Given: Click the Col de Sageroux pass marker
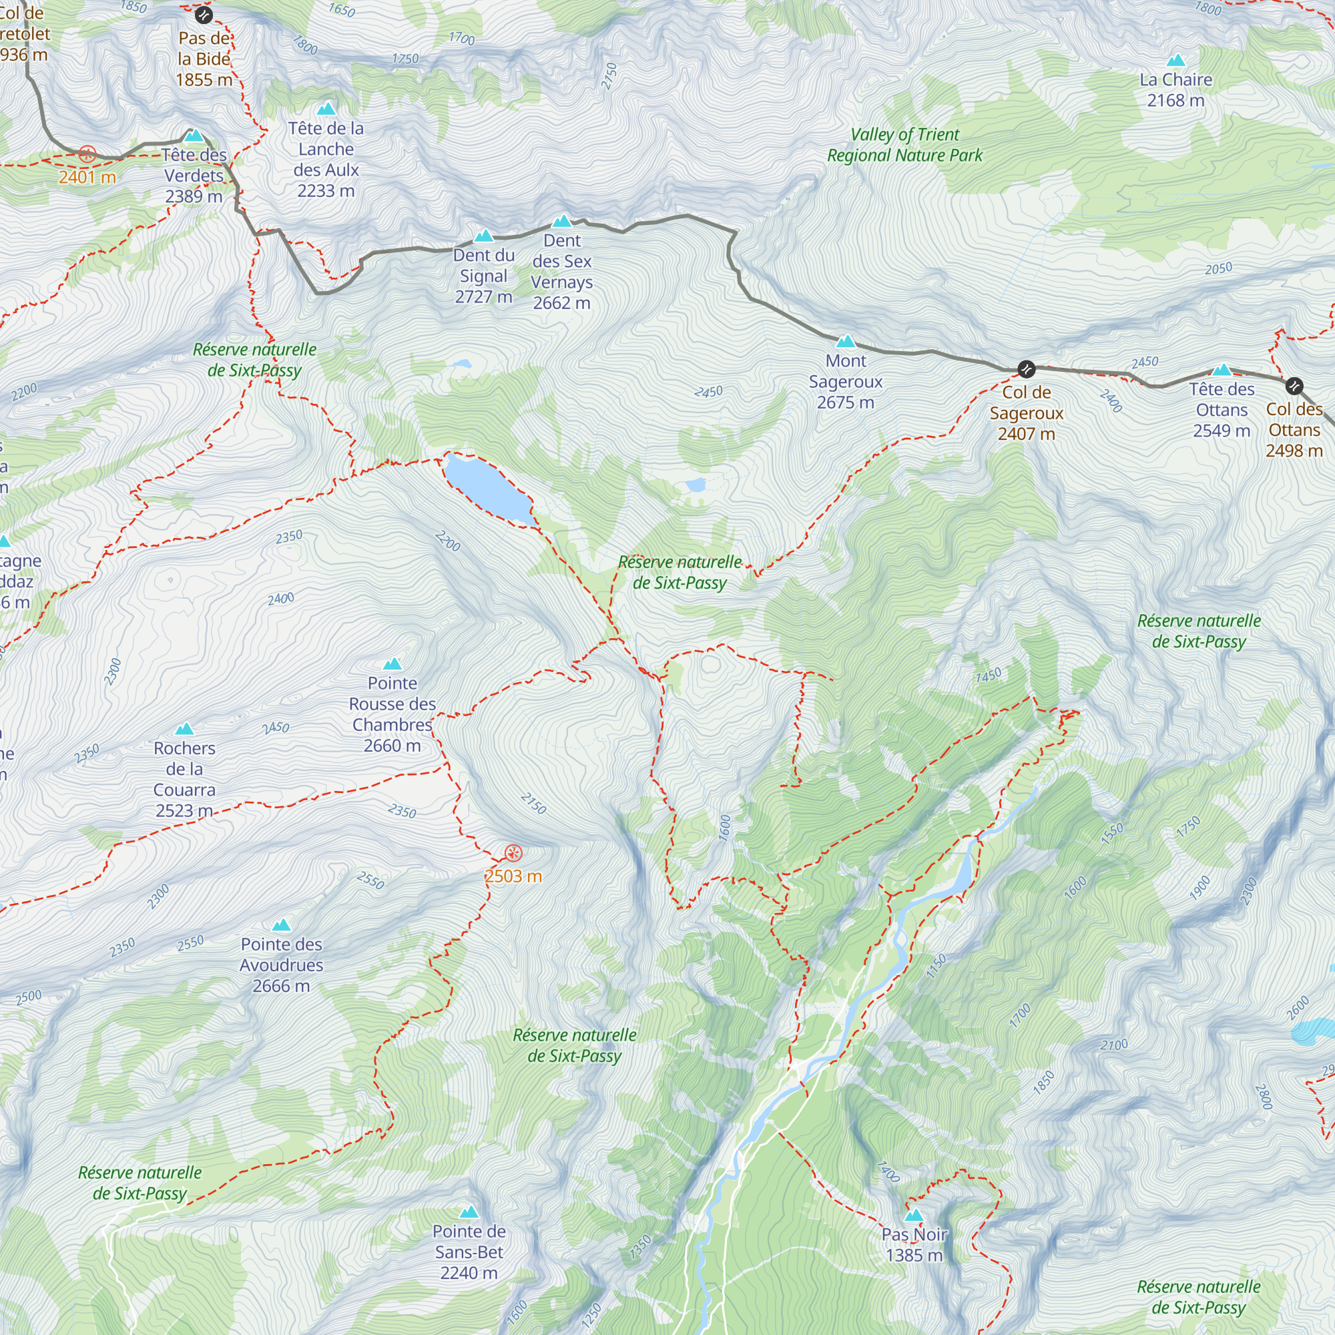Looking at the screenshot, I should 1026,369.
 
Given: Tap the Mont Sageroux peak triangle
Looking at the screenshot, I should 846,342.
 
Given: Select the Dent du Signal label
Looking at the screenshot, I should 484,276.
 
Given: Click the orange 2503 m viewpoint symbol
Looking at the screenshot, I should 513,852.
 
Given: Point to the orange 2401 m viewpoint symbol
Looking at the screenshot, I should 87,154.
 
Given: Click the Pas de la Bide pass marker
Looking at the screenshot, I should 203,15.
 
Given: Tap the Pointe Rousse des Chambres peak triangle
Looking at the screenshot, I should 392,664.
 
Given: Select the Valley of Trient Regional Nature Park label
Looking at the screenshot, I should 904,145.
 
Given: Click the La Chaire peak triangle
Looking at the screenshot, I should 1176,61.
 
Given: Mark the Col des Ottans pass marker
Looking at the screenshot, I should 1294,386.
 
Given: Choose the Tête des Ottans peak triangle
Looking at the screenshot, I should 1222,370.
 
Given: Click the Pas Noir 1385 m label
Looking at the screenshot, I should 914,1244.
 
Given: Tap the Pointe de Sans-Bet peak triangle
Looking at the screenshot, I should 469,1212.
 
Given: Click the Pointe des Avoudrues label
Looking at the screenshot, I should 281,965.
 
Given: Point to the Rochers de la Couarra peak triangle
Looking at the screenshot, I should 184,729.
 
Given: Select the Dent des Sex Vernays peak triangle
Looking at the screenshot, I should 562,222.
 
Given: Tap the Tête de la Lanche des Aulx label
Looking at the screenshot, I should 326,159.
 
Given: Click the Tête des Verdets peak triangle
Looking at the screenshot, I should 194,136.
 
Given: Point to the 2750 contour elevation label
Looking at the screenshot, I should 609,76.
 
